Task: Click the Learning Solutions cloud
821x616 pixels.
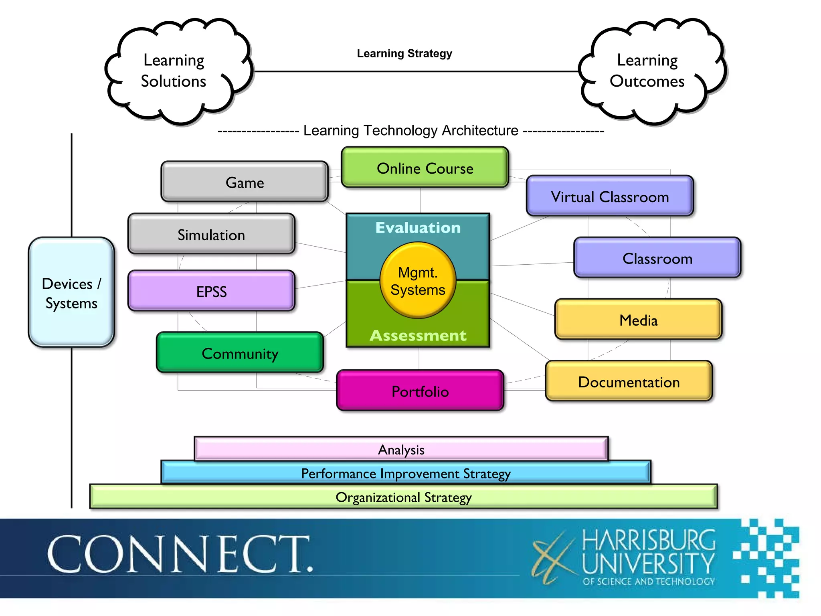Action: click(174, 71)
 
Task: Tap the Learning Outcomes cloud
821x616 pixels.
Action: click(647, 71)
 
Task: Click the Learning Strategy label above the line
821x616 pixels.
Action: click(404, 53)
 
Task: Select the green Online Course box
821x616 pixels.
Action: click(425, 168)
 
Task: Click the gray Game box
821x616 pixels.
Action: click(245, 182)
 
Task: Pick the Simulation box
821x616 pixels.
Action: click(211, 234)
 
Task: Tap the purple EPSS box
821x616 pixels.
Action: click(211, 291)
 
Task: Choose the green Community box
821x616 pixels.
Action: click(240, 353)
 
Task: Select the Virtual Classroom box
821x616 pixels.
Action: click(610, 197)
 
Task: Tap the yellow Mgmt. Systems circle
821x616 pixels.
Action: click(418, 281)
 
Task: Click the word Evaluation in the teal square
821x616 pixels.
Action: click(418, 227)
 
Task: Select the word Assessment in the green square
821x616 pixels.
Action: click(418, 335)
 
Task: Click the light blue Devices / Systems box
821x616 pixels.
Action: click(71, 293)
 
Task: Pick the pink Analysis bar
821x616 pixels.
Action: click(401, 449)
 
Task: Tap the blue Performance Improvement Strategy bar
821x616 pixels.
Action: click(406, 473)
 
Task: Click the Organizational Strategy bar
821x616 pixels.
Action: click(403, 497)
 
